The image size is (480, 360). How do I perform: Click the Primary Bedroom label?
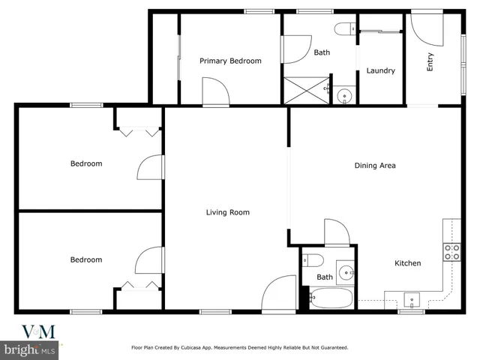230,61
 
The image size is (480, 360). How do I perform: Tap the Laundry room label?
380,71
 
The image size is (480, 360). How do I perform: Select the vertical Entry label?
430,64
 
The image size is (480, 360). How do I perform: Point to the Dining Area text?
374,166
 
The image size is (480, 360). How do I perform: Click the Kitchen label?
408,263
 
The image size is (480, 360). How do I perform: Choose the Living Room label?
227,212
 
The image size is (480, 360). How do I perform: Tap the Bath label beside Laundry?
322,52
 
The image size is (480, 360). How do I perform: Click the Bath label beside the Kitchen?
324,277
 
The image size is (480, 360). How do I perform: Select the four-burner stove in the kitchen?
451,252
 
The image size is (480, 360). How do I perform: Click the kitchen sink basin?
412,299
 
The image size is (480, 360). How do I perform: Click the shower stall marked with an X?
304,90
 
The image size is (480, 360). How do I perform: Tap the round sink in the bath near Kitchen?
346,271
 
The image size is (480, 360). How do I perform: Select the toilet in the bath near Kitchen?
313,261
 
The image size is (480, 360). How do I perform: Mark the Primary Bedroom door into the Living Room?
216,95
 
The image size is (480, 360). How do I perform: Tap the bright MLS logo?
30,349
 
